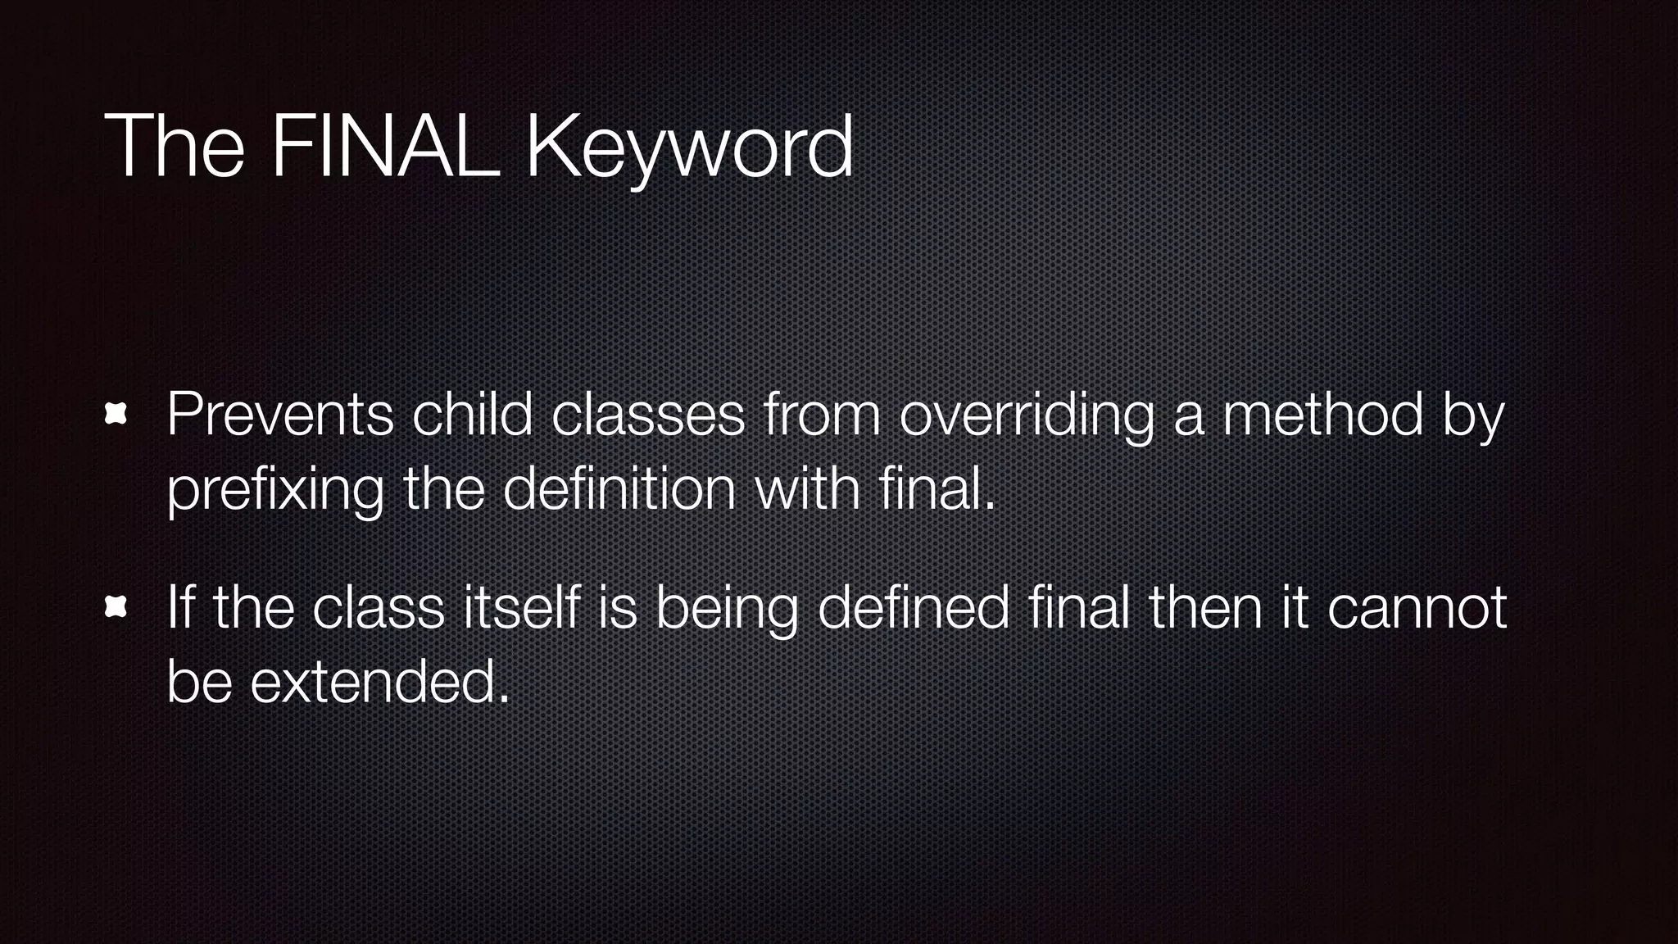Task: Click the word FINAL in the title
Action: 385,147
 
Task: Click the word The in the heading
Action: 175,147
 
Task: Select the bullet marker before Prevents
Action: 116,415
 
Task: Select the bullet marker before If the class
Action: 116,607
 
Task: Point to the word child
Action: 472,415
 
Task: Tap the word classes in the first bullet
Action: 647,415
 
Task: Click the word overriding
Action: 1027,415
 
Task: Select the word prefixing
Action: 275,490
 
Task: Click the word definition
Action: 619,490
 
